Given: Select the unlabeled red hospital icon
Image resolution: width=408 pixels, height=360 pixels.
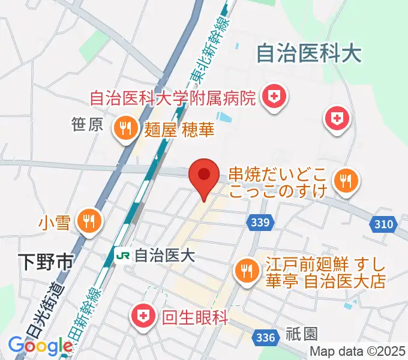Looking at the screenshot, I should (337, 117).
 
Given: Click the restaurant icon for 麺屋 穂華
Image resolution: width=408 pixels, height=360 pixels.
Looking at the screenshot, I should (125, 129).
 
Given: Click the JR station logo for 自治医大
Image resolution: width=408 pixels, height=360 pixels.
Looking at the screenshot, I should (123, 255).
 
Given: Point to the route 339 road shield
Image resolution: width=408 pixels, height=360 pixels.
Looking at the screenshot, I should (260, 223).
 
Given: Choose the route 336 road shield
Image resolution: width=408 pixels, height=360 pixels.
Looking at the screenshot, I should (265, 337).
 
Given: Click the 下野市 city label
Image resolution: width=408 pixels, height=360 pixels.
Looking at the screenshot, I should (45, 262).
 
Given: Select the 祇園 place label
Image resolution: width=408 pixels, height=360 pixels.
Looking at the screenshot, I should (302, 333).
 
